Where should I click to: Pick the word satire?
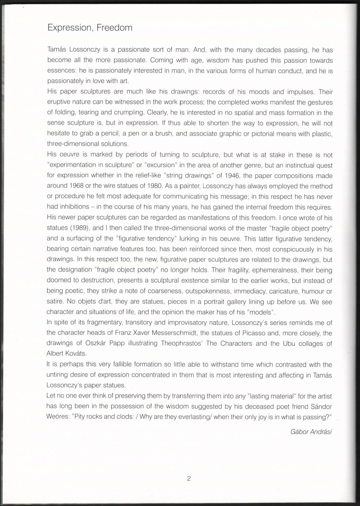[x=55, y=301]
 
